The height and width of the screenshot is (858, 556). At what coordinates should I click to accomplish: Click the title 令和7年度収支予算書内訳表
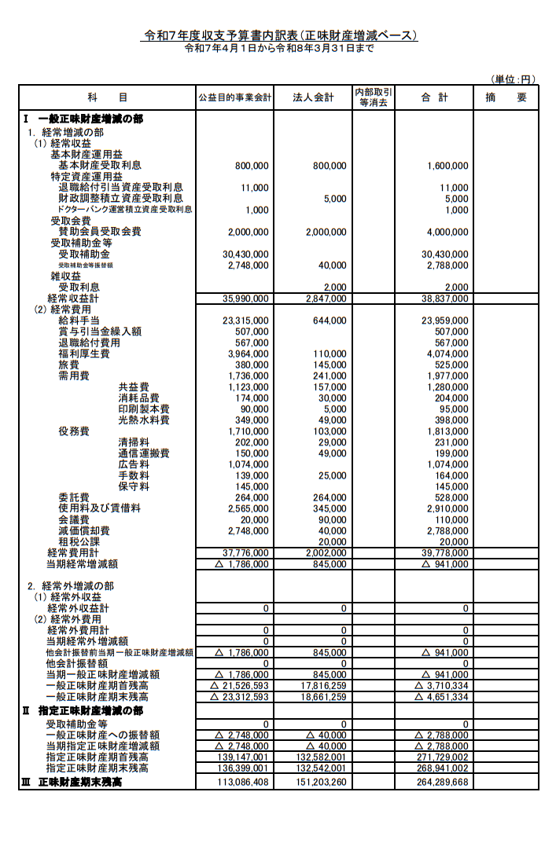[279, 35]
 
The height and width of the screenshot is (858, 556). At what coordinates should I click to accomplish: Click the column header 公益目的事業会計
[234, 97]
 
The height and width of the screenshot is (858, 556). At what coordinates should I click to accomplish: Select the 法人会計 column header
[313, 97]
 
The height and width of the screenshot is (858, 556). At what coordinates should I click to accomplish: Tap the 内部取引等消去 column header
[374, 97]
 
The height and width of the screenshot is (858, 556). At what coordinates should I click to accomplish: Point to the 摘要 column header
[506, 97]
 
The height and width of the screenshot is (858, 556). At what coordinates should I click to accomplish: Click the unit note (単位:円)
[513, 79]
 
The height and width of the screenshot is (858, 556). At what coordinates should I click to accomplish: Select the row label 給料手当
[79, 321]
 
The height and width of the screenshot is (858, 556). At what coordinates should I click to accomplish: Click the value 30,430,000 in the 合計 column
[445, 255]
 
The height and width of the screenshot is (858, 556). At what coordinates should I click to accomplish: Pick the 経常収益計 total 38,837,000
[445, 299]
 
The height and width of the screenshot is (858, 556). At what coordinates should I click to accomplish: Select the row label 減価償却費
[84, 530]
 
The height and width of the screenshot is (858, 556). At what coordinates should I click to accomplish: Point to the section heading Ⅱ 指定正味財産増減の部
[83, 711]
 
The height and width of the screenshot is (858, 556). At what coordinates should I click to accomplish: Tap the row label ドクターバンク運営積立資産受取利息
[125, 210]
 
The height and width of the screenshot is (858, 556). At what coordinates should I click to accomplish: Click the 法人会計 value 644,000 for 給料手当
[329, 321]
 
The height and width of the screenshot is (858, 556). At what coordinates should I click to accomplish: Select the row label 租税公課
[79, 541]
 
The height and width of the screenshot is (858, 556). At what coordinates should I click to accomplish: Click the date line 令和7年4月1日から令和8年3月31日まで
[278, 48]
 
